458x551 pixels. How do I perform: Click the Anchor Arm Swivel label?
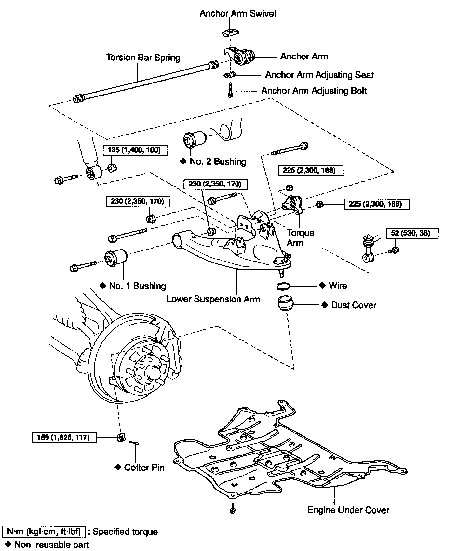(x=237, y=13)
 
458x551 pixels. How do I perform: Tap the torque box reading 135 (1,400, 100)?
(x=135, y=150)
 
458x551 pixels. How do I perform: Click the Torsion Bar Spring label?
(x=143, y=58)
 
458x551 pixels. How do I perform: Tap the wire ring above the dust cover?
(x=284, y=286)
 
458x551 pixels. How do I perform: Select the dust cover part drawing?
(x=286, y=303)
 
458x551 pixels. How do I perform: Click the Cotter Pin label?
(x=144, y=467)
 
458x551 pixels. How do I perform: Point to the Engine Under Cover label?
(x=348, y=510)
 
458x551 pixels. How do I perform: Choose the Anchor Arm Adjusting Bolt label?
(x=314, y=91)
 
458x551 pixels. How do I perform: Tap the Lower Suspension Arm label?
(x=213, y=299)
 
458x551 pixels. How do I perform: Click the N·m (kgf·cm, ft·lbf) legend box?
(x=44, y=532)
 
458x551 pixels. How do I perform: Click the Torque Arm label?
(x=300, y=237)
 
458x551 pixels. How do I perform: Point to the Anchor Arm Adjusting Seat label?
(x=319, y=75)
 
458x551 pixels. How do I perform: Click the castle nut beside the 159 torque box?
(x=121, y=437)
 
